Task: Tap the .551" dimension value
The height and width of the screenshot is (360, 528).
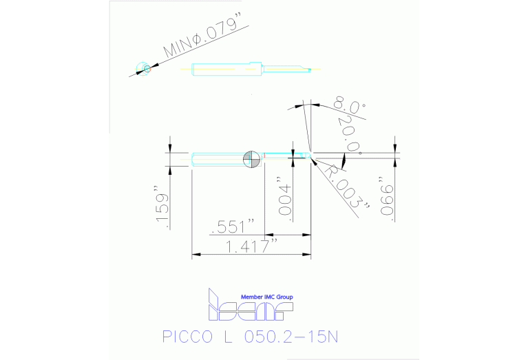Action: pyautogui.click(x=235, y=226)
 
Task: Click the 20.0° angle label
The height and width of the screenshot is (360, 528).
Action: pyautogui.click(x=349, y=136)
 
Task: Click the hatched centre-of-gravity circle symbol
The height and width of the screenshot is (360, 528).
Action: pyautogui.click(x=251, y=158)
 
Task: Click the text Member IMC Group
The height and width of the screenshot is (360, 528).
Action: pyautogui.click(x=266, y=297)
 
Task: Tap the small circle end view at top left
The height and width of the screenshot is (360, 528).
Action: pyautogui.click(x=145, y=67)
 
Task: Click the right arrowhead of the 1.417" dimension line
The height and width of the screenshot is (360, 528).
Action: pyautogui.click(x=308, y=255)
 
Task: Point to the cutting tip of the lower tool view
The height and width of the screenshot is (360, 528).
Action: pyautogui.click(x=310, y=153)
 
